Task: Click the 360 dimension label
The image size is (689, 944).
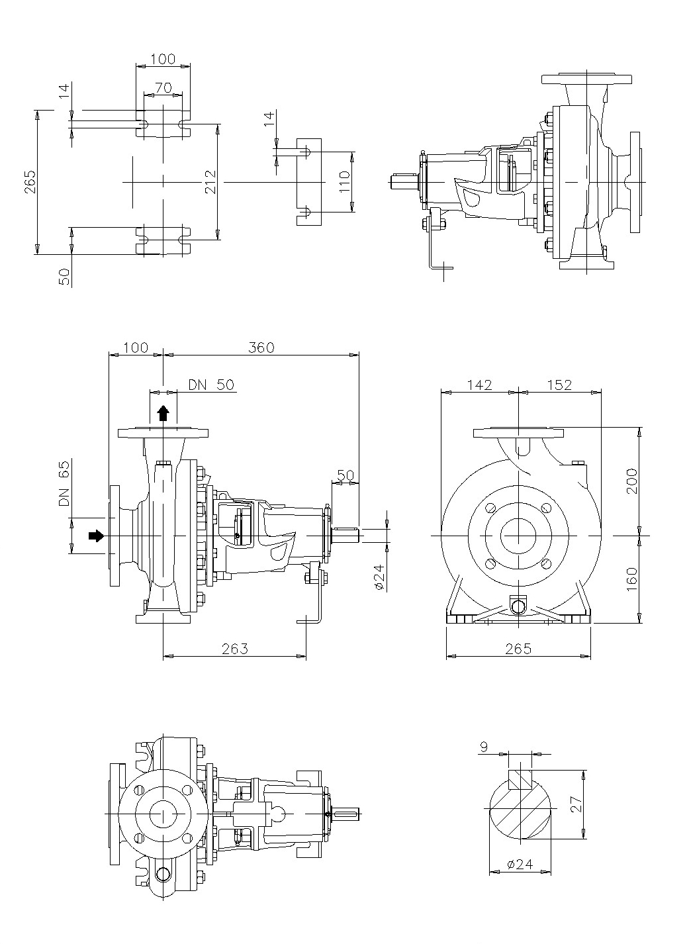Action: pyautogui.click(x=261, y=348)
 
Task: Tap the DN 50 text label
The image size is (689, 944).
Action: pyautogui.click(x=211, y=385)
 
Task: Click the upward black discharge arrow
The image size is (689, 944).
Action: pyautogui.click(x=163, y=414)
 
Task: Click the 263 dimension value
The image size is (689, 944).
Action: pyautogui.click(x=234, y=649)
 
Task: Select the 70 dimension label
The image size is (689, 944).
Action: pyautogui.click(x=163, y=87)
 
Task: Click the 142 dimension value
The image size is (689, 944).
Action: pyautogui.click(x=479, y=385)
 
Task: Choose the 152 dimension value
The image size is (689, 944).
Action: pyautogui.click(x=559, y=385)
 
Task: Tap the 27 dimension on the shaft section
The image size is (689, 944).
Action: pyautogui.click(x=575, y=804)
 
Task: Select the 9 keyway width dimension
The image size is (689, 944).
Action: pyautogui.click(x=484, y=747)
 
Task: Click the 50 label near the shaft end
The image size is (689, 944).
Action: pyautogui.click(x=345, y=475)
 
